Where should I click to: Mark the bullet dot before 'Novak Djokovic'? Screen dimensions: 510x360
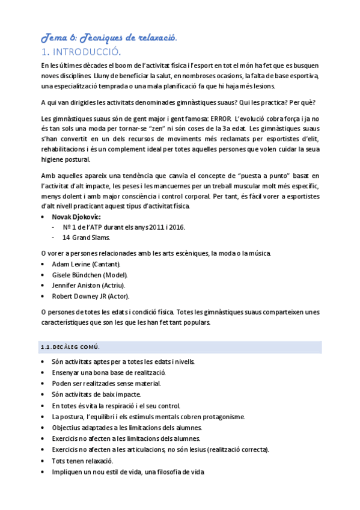coord(40,216)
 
